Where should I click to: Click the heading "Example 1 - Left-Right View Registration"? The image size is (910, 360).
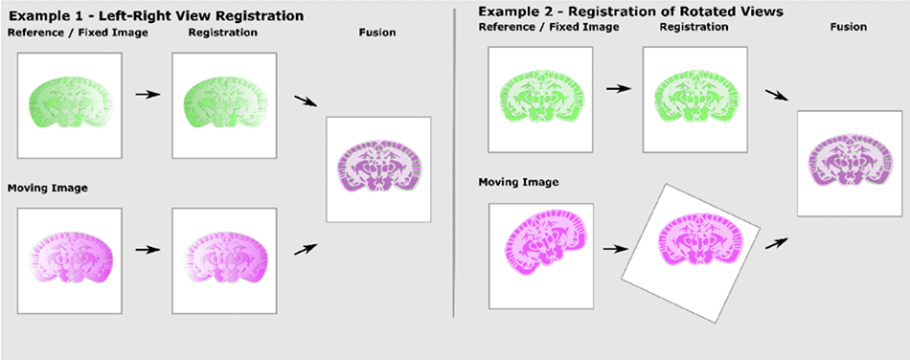coord(155,16)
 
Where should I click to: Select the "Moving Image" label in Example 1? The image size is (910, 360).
coord(48,188)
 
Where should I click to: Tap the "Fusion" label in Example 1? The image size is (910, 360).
coord(377,34)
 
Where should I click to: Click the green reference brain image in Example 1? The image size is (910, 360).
coord(69,104)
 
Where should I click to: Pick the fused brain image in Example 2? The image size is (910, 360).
coord(849,161)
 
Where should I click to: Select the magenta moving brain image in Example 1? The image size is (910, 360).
coord(69,259)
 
